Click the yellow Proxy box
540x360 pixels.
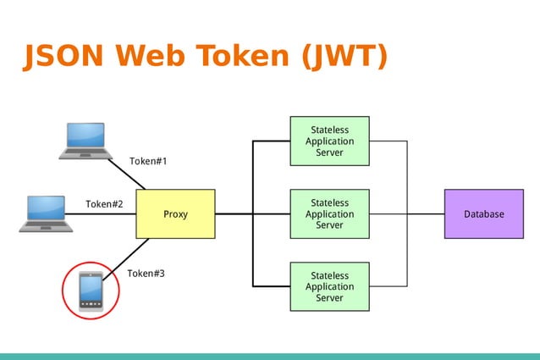175,213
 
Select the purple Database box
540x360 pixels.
483,213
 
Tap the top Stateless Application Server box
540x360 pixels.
329,141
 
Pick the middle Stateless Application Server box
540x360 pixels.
329,213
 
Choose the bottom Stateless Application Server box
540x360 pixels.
329,286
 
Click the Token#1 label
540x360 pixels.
148,161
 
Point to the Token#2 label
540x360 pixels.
104,204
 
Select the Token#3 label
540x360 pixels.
146,274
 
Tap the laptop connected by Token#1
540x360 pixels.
85,141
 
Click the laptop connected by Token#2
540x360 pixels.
46,213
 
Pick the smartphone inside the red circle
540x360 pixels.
91,291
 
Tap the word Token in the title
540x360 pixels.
246,56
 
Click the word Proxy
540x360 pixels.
175,214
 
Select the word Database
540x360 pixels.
483,214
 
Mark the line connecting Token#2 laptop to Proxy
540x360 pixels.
102,213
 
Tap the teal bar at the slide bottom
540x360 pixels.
270,356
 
